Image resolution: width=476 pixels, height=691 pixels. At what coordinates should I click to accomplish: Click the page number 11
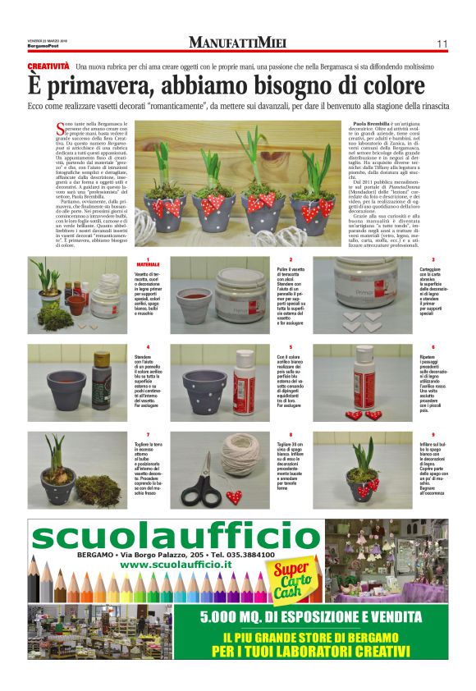[442, 43]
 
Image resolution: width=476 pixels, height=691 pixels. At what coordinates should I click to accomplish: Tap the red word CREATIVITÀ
[48, 65]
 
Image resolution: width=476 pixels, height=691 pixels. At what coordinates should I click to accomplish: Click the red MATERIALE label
[148, 265]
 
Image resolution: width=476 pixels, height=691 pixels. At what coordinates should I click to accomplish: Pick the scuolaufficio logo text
[164, 539]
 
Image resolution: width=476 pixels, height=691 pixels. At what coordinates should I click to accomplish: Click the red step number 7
[149, 434]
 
